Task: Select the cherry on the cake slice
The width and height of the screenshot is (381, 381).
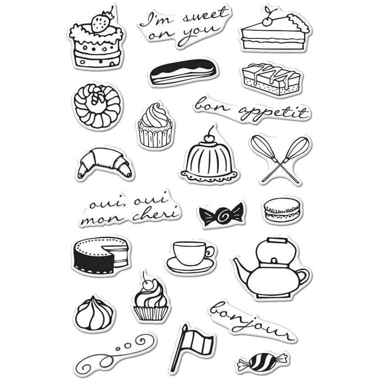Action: [x=267, y=22]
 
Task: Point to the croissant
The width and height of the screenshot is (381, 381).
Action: [x=105, y=163]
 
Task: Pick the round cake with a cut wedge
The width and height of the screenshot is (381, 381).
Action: [x=100, y=256]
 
